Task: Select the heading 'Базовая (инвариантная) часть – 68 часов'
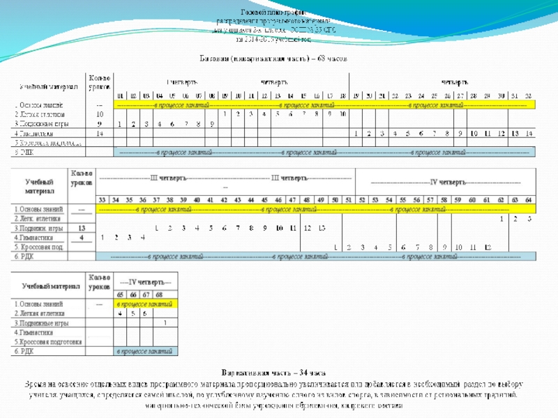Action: pos(278,59)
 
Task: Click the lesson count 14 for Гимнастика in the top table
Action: pos(100,132)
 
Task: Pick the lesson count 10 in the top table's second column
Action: pos(100,114)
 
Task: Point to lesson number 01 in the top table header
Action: pos(120,95)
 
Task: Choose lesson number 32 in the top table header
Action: pos(528,95)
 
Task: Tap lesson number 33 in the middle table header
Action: pos(102,200)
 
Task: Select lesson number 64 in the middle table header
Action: pos(529,200)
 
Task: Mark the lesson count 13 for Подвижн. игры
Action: pos(82,228)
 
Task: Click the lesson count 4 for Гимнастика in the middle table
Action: pos(82,238)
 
